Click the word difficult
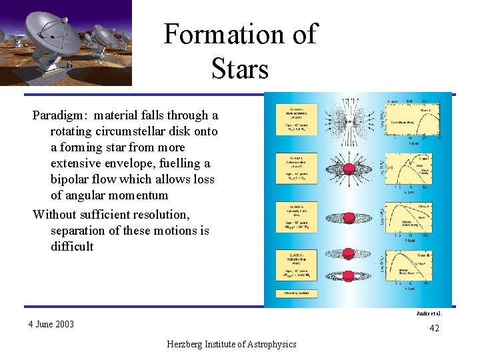[x=72, y=246]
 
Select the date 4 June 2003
[x=51, y=325]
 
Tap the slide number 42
[x=434, y=328]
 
